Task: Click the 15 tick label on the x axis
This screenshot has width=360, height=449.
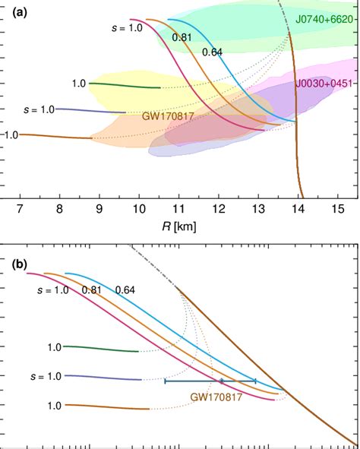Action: click(x=338, y=207)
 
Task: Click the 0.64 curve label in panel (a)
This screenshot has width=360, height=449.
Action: click(x=212, y=52)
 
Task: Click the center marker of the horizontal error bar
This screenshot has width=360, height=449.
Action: click(x=221, y=381)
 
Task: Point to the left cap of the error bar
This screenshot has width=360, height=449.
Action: click(x=165, y=381)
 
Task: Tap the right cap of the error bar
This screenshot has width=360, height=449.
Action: click(x=256, y=381)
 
